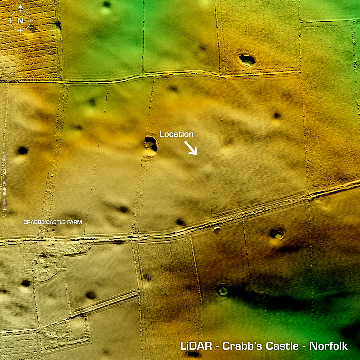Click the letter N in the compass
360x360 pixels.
[20, 21]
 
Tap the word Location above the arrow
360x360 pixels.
[176, 134]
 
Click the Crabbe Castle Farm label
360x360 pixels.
[53, 222]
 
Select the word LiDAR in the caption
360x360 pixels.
[196, 346]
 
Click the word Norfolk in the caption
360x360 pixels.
[328, 346]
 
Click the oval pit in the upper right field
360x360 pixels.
[247, 60]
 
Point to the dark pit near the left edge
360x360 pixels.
[22, 150]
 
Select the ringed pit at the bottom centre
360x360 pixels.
[223, 290]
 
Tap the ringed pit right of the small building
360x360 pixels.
[277, 234]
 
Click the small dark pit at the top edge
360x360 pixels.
[107, 4]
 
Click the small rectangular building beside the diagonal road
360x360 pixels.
[217, 229]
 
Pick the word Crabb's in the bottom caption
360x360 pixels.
[239, 346]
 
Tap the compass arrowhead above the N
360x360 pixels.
[20, 6]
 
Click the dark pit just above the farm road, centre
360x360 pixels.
[180, 222]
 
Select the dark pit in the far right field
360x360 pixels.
[277, 116]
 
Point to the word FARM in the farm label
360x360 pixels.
[75, 222]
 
